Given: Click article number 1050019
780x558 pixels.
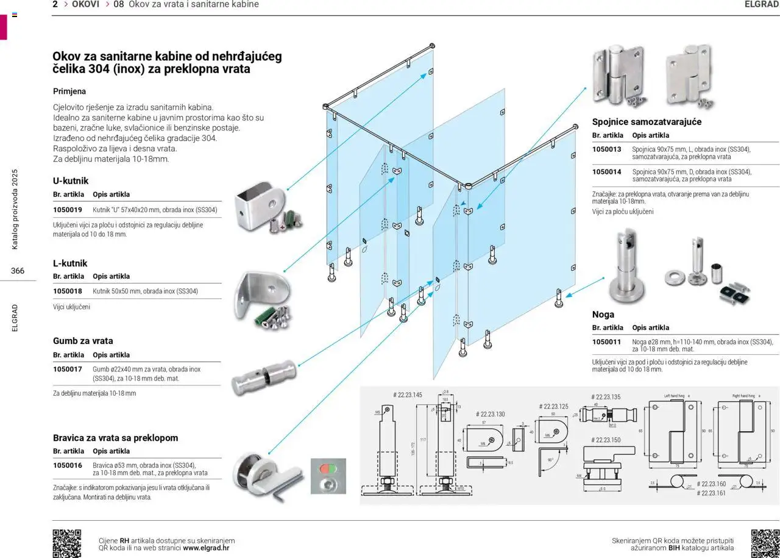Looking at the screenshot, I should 67,210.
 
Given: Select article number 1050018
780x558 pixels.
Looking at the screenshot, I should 67,292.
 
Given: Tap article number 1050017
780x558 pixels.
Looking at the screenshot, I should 67,370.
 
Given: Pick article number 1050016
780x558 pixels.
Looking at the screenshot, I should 67,465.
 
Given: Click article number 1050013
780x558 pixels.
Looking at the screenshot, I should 606,149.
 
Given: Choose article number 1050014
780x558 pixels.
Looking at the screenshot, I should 606,172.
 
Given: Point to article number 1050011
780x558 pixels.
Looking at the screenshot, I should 606,342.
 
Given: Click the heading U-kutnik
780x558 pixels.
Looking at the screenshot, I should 71,181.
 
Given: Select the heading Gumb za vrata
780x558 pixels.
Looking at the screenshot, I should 83,341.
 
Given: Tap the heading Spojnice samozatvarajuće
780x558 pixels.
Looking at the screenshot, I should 647,122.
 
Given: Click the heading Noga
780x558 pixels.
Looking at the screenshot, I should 603,315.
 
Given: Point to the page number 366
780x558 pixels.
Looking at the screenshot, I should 18,271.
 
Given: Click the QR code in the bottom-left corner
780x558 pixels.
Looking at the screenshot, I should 67,543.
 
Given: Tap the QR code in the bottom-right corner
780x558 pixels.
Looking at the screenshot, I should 765,543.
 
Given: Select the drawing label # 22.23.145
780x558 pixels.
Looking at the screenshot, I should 408,395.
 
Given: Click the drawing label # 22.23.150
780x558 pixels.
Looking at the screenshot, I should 606,440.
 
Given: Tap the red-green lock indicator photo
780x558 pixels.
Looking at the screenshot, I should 328,476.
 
